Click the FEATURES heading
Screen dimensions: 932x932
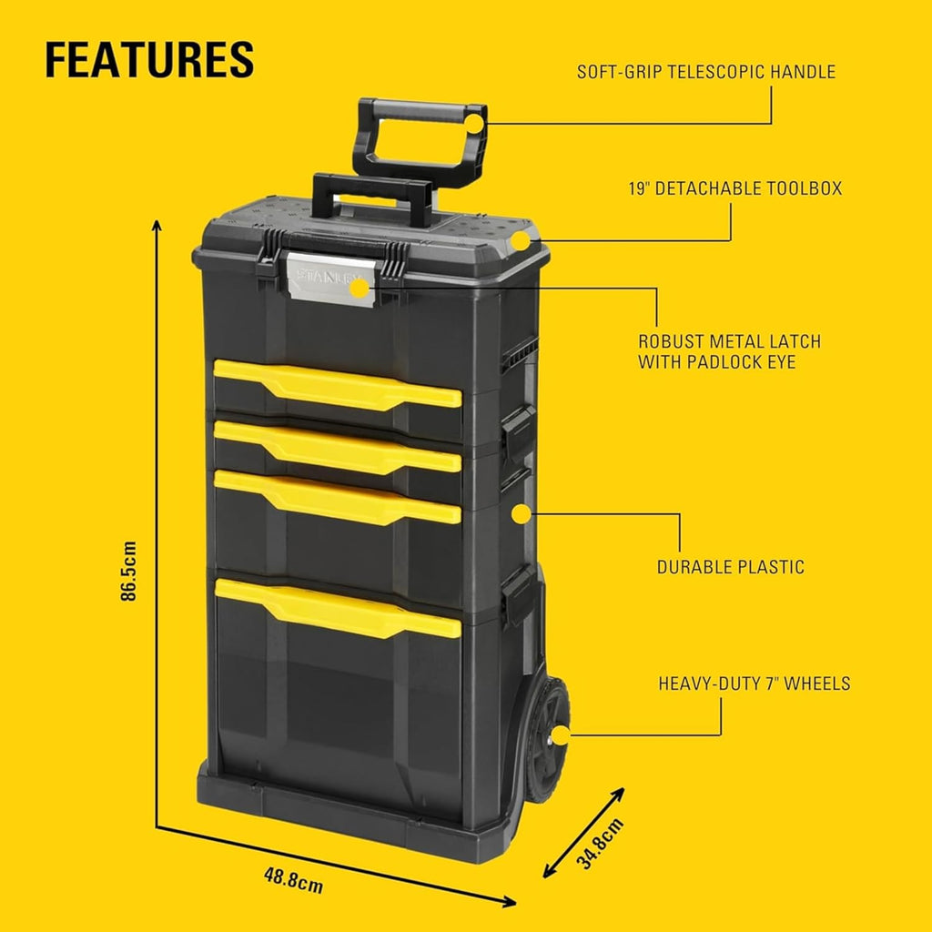click(149, 59)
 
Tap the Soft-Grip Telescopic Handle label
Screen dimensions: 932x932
click(706, 72)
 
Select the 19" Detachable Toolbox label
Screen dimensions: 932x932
click(735, 188)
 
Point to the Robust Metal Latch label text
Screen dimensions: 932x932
click(729, 351)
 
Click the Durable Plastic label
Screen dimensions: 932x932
click(731, 566)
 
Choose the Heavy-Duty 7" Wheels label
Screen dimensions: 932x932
click(755, 684)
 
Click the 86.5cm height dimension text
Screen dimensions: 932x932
click(128, 571)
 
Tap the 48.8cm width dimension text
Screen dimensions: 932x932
click(294, 880)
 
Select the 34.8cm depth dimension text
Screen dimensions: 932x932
click(601, 843)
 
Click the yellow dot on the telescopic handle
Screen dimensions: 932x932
click(474, 124)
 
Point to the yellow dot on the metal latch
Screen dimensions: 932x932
click(359, 289)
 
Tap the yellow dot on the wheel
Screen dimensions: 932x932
click(561, 735)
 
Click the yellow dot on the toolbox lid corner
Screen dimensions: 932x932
click(520, 241)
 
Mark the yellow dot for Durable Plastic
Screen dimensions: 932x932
click(521, 514)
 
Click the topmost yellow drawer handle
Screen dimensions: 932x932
click(338, 384)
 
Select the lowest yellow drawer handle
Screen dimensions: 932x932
click(338, 607)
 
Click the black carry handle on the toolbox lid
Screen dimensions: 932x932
click(372, 198)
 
